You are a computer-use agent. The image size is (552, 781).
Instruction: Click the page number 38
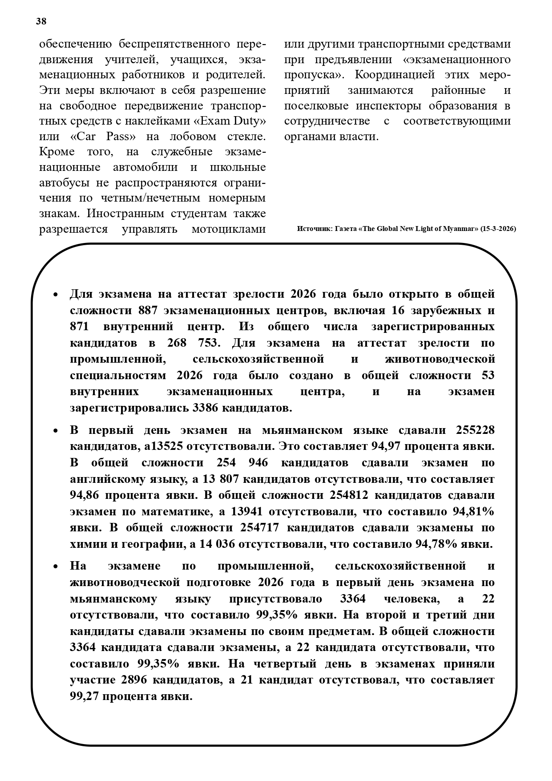point(41,21)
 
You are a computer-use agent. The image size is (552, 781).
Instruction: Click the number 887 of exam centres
point(148,310)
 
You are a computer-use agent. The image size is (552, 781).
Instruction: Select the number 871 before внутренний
point(79,327)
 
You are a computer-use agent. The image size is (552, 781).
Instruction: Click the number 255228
point(475,430)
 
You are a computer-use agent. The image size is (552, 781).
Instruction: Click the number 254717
point(260,528)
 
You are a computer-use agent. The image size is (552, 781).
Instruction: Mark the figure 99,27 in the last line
point(84,696)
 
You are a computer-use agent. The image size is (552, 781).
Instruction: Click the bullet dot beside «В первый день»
point(55,431)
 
